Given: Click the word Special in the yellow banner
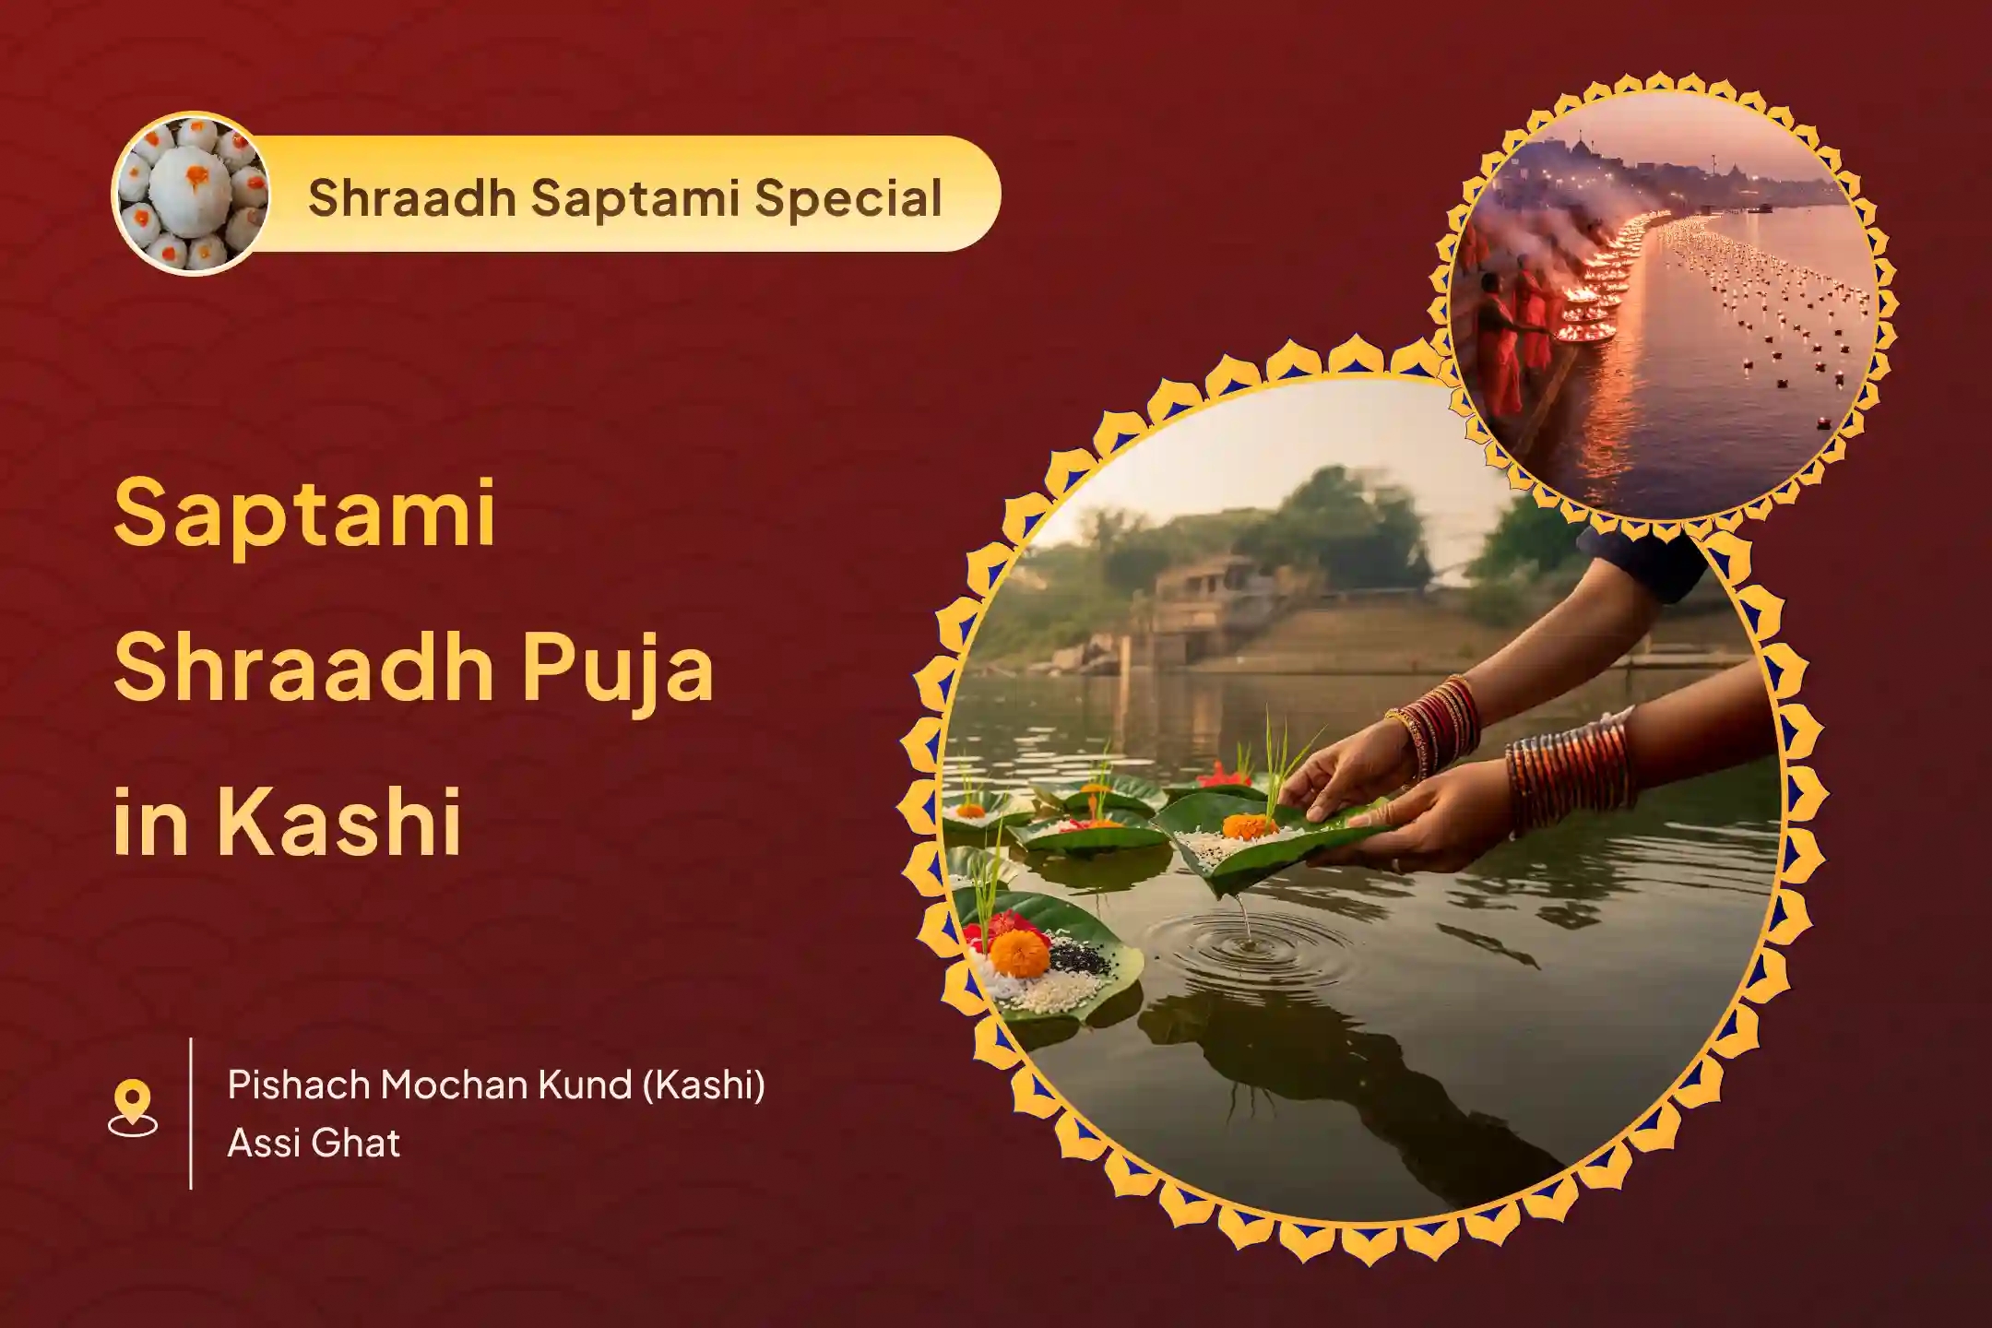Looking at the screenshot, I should pos(848,198).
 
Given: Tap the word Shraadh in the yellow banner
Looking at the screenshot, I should pos(410,197).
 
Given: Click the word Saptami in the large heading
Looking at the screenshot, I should pos(304,513).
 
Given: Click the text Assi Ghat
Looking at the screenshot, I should pos(314,1144).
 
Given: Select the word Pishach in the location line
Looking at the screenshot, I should pos(297,1085).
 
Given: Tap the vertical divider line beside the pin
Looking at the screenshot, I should pos(191,1113).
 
